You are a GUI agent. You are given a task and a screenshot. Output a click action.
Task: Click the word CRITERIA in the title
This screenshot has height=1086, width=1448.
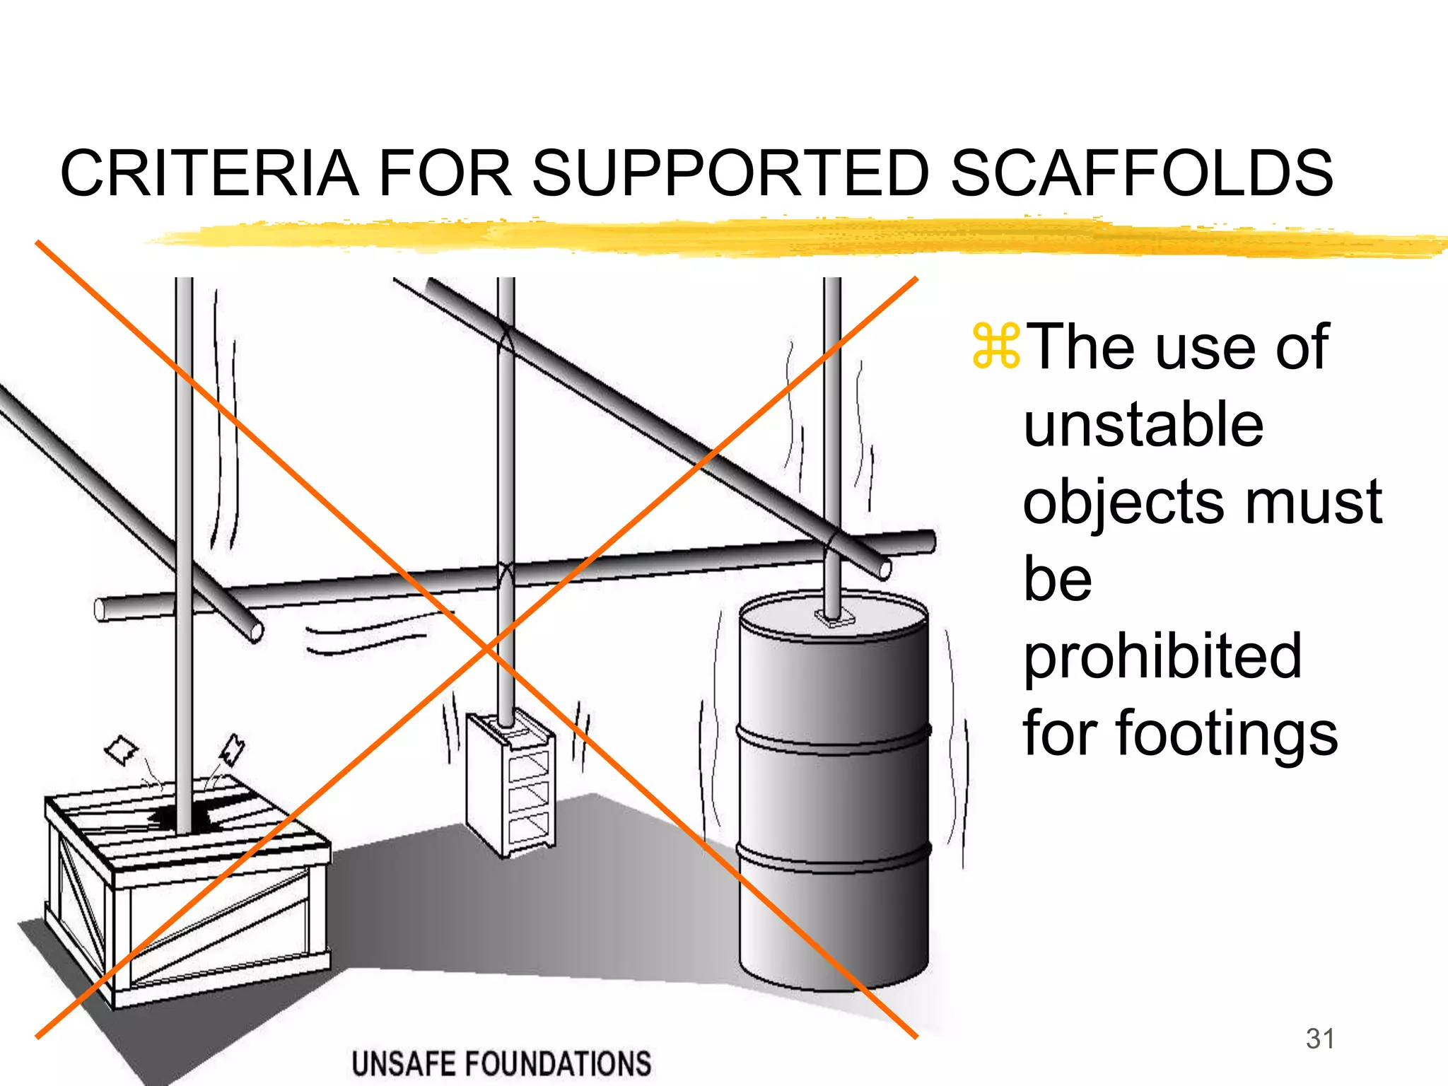209,174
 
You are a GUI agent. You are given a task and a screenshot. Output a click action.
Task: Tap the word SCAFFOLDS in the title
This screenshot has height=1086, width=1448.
1141,174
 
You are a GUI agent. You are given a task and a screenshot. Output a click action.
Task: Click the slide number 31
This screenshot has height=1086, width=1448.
1320,1039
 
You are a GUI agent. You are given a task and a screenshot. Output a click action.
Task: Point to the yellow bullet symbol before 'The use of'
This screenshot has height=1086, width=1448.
995,346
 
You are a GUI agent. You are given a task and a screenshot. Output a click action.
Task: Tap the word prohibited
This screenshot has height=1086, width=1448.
1162,656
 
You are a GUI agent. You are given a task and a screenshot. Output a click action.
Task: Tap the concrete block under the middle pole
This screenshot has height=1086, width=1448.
511,785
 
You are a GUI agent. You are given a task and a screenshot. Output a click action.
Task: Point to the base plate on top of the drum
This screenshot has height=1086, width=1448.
834,619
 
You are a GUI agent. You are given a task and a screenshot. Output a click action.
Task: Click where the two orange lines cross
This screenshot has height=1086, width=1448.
486,647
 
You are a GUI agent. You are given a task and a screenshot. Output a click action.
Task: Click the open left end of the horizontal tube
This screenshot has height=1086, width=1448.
100,609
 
